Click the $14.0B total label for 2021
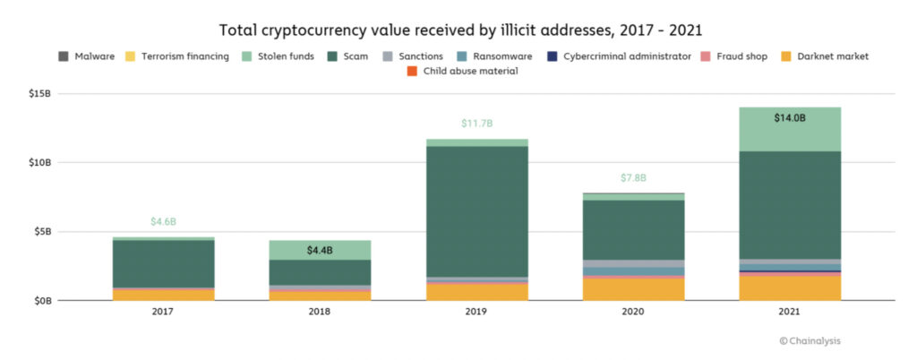pos(790,118)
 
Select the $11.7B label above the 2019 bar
pos(476,124)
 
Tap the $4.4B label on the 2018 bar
pos(320,251)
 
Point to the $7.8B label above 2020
pos(633,177)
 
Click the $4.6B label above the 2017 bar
pos(163,222)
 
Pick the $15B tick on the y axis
pos(39,93)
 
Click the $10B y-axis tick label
pos(39,162)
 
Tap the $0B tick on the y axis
pos(41,301)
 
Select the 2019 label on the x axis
pos(476,313)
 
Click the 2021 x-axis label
pos(790,313)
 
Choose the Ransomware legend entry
pos(494,56)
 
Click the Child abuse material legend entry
pos(462,72)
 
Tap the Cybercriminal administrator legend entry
pos(620,56)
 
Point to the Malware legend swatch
pos(64,56)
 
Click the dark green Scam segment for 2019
pos(476,211)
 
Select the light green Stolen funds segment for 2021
pos(790,129)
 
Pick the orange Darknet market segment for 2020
pos(633,289)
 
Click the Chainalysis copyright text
pos(810,340)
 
